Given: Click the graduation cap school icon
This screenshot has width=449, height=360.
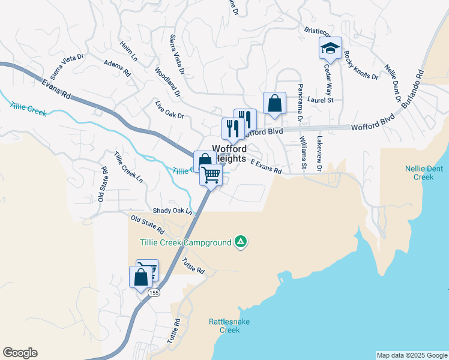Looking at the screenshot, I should (x=330, y=47).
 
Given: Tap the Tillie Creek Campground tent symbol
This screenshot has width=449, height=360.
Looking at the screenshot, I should (x=241, y=242).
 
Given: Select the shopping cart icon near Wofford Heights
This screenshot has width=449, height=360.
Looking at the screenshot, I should (x=211, y=175).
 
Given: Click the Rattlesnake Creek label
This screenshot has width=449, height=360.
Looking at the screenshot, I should (x=229, y=326).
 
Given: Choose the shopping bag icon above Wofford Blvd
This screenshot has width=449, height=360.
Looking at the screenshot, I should (x=274, y=103).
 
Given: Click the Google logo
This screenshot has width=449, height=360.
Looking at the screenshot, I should (x=20, y=353).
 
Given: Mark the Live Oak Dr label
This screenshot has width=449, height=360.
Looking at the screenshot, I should (x=169, y=111).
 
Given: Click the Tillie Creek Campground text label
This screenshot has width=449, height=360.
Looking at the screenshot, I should (x=185, y=242).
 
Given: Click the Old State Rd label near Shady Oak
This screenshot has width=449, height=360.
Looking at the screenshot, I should (x=146, y=226).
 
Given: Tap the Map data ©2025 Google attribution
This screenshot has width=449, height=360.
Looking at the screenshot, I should (x=411, y=355).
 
